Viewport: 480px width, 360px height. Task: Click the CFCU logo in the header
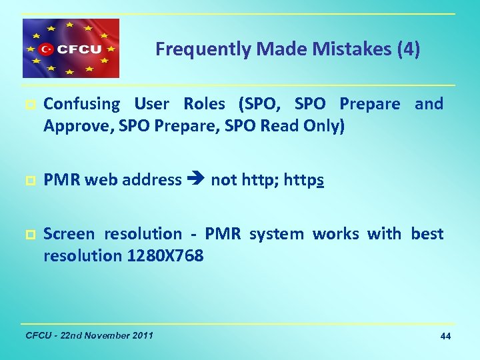[x=71, y=49]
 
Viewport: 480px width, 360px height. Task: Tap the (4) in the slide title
[x=408, y=49]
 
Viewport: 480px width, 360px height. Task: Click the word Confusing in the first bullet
[x=81, y=105]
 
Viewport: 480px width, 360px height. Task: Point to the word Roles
[x=204, y=105]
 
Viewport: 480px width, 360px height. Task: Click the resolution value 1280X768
[x=165, y=255]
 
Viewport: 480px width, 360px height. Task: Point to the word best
[x=427, y=234]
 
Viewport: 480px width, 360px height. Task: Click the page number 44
[x=445, y=337]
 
